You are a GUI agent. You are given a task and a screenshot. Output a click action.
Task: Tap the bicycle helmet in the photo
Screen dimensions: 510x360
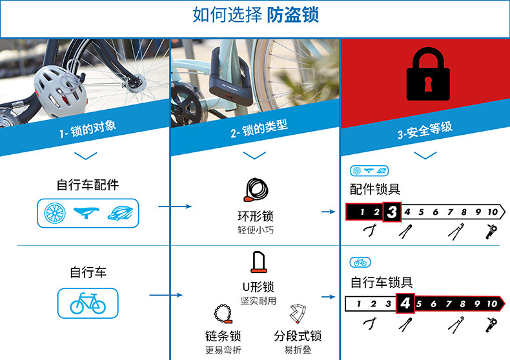(59, 90)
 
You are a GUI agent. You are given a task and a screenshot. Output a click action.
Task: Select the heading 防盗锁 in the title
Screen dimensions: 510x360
(293, 15)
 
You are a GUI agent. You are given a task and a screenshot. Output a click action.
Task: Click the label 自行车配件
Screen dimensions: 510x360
(88, 185)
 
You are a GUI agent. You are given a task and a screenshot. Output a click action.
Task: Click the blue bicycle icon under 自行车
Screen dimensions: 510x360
(88, 302)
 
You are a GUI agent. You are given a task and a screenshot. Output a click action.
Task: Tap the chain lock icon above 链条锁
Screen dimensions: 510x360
(223, 315)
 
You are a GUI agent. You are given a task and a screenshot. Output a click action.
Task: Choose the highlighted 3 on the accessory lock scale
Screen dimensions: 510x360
(392, 212)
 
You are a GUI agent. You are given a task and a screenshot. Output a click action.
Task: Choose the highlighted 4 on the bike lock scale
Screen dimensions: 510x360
(405, 303)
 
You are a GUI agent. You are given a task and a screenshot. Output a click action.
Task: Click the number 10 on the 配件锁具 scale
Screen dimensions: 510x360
(493, 212)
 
